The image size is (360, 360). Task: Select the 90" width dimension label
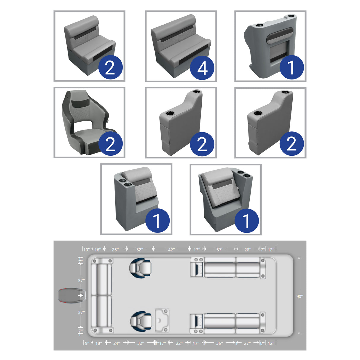click(x=300, y=296)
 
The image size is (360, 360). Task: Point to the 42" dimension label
click(x=171, y=250)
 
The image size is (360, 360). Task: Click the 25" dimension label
click(x=115, y=250)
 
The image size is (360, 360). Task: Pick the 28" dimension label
click(x=248, y=250)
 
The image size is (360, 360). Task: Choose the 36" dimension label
click(x=219, y=343)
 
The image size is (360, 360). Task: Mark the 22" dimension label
click(x=179, y=343)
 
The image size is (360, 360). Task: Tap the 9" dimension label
click(x=87, y=343)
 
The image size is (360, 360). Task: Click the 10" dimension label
click(x=86, y=250)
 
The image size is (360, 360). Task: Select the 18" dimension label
click(x=99, y=343)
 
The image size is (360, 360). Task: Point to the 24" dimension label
click(x=117, y=343)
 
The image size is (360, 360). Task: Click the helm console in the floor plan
click(x=162, y=320)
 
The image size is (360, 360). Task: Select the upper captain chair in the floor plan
click(x=140, y=267)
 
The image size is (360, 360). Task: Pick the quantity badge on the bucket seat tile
click(x=110, y=144)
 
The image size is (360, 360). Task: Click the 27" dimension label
click(x=247, y=343)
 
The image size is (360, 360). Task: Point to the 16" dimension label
click(x=98, y=250)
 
